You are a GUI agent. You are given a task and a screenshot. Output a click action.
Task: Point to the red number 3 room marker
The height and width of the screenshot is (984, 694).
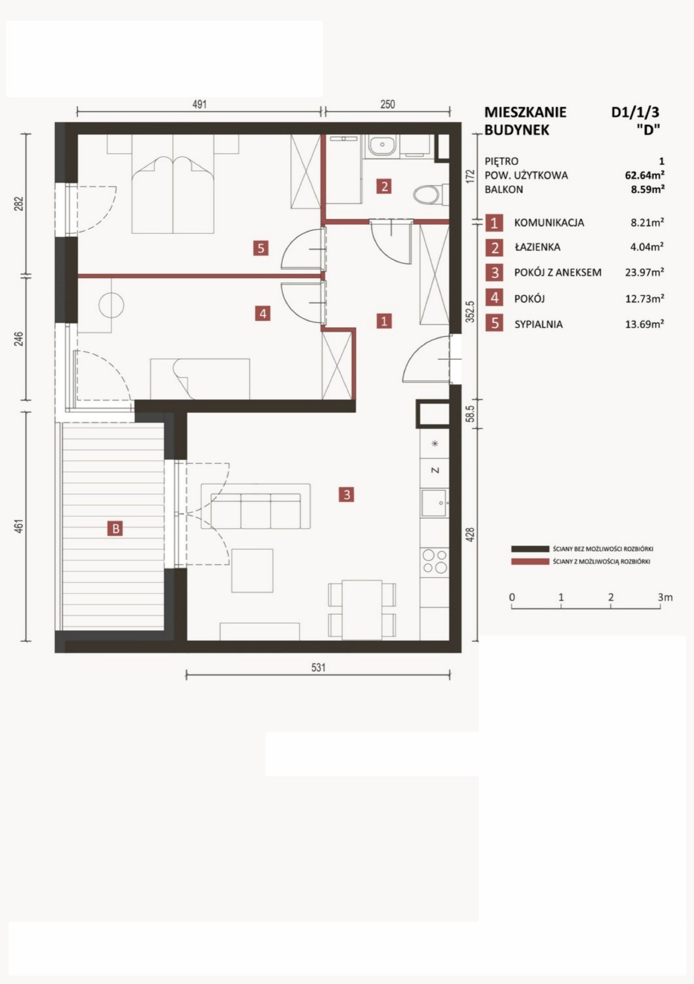(x=347, y=494)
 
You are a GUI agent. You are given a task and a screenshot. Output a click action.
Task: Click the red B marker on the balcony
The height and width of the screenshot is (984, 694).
(x=115, y=529)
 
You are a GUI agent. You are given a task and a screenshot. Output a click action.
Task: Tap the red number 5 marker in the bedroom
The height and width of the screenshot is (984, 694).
(x=261, y=248)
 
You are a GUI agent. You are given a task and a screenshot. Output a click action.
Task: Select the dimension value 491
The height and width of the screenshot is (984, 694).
(x=199, y=105)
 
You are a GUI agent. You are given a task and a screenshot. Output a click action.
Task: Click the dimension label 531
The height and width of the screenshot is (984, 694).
(x=318, y=667)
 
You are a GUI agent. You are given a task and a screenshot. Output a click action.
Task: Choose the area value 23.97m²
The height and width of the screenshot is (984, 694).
(x=645, y=273)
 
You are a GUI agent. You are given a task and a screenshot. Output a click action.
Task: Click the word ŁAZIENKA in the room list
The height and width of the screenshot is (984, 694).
(x=537, y=247)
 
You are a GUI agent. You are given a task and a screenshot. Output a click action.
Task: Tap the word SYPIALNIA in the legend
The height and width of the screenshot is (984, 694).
(x=538, y=324)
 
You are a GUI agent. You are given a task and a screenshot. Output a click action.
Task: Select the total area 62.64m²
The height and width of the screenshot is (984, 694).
(x=645, y=175)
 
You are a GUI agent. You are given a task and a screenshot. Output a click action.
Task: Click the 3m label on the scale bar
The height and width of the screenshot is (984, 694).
(x=665, y=597)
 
